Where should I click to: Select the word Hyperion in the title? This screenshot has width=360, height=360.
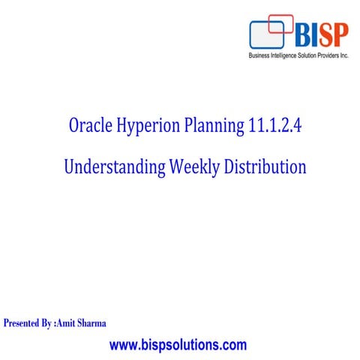(154, 129)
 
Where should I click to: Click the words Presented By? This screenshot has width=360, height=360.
(28, 323)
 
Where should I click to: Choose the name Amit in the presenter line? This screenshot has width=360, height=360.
(70, 323)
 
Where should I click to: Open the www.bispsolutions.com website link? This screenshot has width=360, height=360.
(178, 345)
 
